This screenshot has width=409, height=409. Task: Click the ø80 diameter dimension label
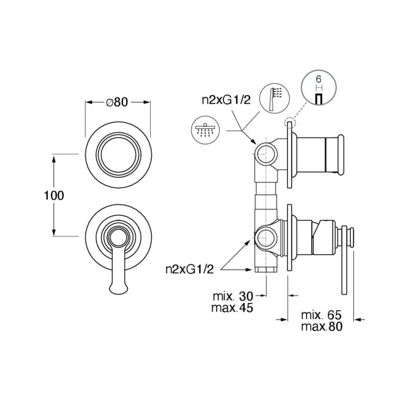pyautogui.click(x=117, y=102)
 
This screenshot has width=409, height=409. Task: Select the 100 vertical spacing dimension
pyautogui.click(x=54, y=195)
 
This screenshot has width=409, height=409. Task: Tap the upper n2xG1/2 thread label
pyautogui.click(x=226, y=100)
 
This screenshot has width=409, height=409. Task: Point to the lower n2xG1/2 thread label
pyautogui.click(x=190, y=269)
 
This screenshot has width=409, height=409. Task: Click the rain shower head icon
pyautogui.click(x=206, y=130)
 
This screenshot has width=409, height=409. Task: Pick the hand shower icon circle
pyautogui.click(x=275, y=99)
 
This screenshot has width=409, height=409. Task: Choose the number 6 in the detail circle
pyautogui.click(x=319, y=79)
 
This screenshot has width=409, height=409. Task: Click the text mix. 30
pyautogui.click(x=233, y=297)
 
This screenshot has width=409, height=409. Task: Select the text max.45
pyautogui.click(x=232, y=308)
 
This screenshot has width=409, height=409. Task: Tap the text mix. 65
pyautogui.click(x=322, y=315)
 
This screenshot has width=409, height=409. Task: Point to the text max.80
pyautogui.click(x=322, y=326)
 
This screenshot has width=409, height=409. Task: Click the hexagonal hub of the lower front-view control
pyautogui.click(x=119, y=237)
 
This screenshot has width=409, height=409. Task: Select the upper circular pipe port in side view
pyautogui.click(x=266, y=154)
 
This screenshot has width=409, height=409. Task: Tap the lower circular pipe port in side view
pyautogui.click(x=266, y=238)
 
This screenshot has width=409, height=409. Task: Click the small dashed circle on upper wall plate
pyautogui.click(x=289, y=123)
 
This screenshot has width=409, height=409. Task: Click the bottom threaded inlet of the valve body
pyautogui.click(x=266, y=269)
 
